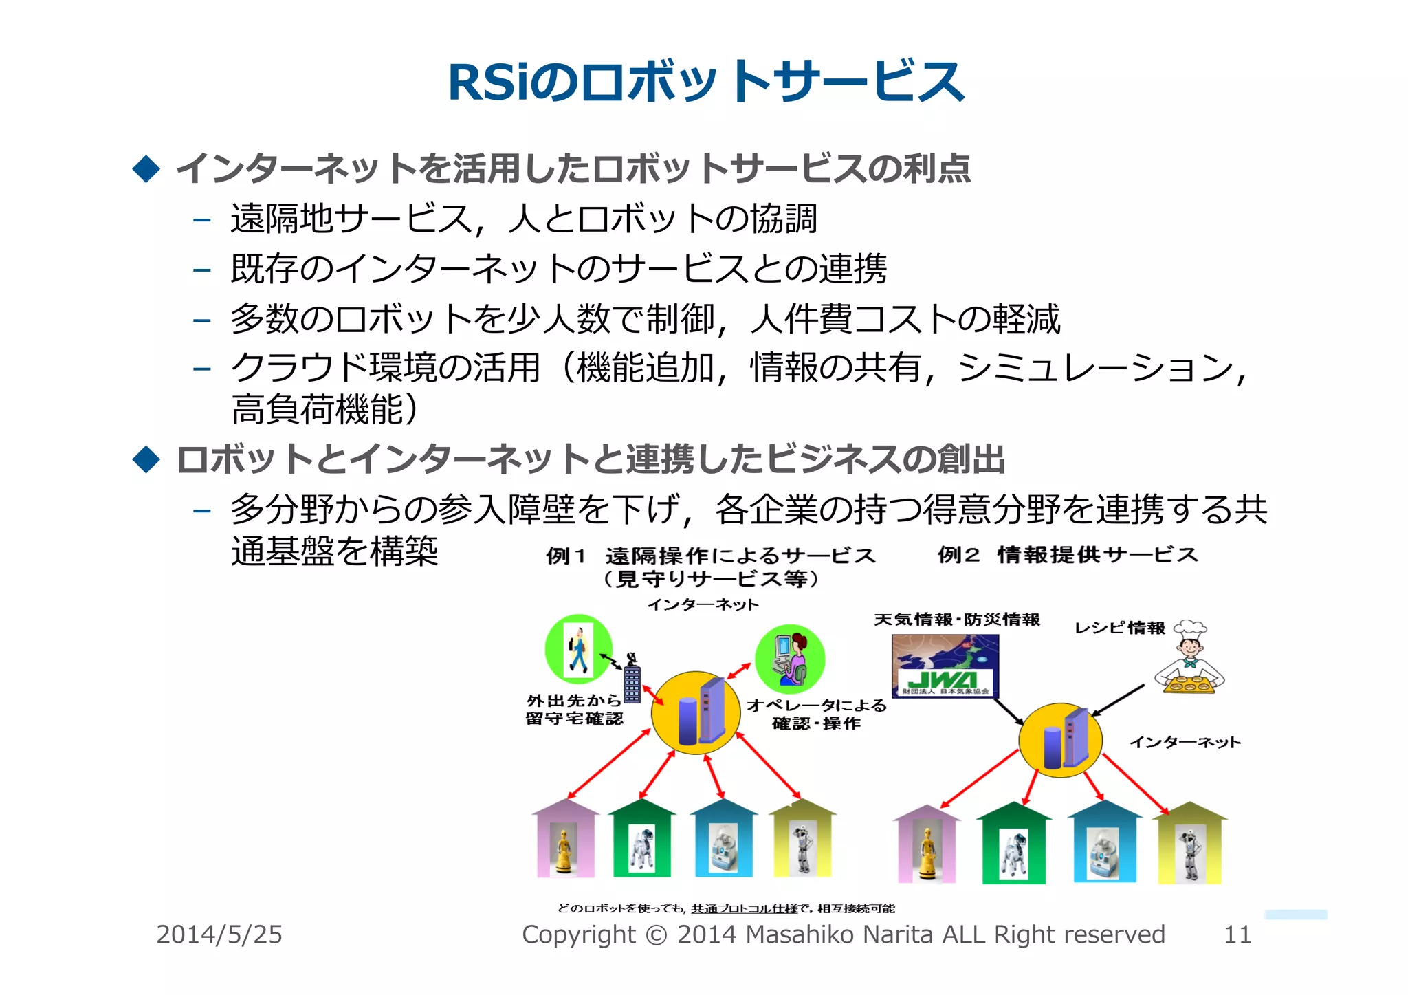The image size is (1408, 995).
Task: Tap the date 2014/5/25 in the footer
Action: [x=219, y=934]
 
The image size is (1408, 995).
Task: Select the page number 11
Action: [x=1237, y=934]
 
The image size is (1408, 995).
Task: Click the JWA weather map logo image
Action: [x=945, y=666]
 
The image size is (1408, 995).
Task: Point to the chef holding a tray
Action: [x=1190, y=659]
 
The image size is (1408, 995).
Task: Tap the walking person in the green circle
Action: [x=578, y=649]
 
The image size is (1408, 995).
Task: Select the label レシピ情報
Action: [x=1119, y=628]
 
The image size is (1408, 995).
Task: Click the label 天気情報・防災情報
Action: [x=957, y=620]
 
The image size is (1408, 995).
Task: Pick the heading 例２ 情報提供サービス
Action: [x=1067, y=555]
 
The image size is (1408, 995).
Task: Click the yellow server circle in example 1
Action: [x=696, y=713]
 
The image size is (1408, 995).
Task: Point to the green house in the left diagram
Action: [x=641, y=839]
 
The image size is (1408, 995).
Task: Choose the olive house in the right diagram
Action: [x=1189, y=844]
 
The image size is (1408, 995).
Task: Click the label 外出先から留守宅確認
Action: [x=574, y=710]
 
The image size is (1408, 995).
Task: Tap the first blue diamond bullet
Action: [x=146, y=168]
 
